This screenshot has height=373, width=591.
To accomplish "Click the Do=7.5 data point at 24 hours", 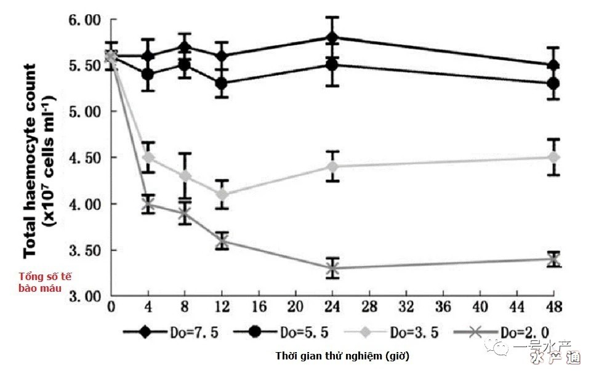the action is tap(332, 38).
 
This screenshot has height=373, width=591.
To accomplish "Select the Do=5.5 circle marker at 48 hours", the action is tap(553, 83).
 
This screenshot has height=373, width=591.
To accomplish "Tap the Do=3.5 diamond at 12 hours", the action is tap(222, 195).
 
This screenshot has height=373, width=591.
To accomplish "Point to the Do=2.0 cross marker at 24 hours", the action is tap(332, 268).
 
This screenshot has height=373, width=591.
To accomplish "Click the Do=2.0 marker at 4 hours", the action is tap(148, 204).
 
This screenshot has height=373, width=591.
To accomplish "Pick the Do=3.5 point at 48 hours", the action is tap(553, 158).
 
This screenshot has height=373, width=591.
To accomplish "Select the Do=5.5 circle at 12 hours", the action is tap(222, 83).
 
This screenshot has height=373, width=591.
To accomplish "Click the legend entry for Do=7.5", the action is tap(171, 332).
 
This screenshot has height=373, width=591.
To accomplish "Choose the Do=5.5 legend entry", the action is tap(281, 332).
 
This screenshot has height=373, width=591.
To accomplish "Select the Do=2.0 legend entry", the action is tap(502, 332).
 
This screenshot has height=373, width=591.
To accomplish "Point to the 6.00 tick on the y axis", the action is tap(85, 20).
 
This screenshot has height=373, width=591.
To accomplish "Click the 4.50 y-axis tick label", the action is tap(85, 158).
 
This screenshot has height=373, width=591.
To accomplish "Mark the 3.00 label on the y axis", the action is tap(85, 297).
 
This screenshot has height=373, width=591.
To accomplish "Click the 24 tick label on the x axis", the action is tap(332, 307).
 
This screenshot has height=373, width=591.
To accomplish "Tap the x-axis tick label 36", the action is tap(443, 307).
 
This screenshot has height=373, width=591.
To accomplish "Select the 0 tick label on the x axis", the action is tap(111, 307).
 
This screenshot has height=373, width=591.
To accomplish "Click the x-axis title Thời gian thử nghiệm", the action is tap(342, 356).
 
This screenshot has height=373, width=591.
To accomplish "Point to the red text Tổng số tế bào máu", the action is tap(45, 282).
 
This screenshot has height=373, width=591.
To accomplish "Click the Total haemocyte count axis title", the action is tap(39, 161).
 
